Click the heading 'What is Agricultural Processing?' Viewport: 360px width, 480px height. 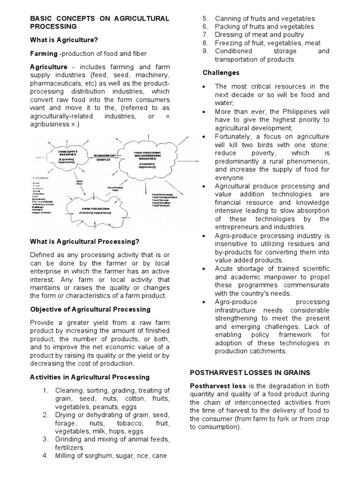click(85, 241)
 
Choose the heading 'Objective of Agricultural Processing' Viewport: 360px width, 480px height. click(90, 309)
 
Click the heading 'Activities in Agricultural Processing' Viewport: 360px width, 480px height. click(90, 377)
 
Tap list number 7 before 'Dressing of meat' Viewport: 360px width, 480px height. click(205, 35)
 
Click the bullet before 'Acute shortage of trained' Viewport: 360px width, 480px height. click(205, 269)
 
